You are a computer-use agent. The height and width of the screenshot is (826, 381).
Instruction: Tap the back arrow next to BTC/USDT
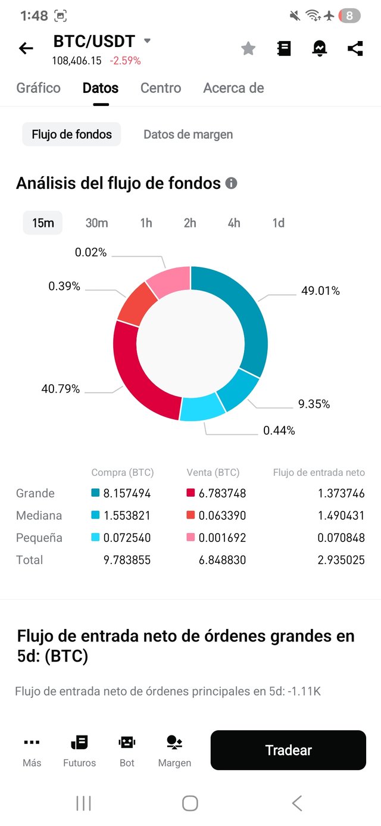coord(26,48)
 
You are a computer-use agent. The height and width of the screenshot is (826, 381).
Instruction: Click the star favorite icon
coord(248,49)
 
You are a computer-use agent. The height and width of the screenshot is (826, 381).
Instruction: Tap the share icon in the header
coord(355,48)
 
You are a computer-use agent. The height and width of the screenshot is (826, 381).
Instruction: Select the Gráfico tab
coord(38,88)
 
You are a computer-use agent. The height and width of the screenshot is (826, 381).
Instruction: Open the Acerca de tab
coord(233,88)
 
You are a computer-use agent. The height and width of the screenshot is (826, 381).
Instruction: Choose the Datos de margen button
coord(188,135)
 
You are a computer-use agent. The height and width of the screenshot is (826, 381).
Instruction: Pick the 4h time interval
coord(234,223)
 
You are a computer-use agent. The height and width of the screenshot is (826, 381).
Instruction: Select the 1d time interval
coord(278,223)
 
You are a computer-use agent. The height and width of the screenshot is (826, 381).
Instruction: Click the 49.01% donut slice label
coord(320,291)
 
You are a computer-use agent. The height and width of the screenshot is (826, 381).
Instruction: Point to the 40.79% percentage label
coord(60,389)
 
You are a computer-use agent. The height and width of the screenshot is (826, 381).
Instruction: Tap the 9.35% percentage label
coord(314,404)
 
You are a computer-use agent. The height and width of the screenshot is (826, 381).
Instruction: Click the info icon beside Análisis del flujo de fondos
coord(231,183)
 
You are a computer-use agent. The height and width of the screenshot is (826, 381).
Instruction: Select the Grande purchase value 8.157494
coord(127,493)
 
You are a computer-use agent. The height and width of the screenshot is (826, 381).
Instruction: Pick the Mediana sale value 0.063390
coord(222,515)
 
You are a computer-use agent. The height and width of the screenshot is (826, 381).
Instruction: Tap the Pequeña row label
coord(39,538)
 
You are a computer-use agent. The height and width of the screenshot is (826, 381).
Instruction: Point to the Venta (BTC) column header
coord(213,472)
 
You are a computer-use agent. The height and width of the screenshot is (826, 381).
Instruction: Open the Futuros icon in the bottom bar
coord(79,750)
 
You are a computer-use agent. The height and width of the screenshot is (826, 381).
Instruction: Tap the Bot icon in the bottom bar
coord(127,750)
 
